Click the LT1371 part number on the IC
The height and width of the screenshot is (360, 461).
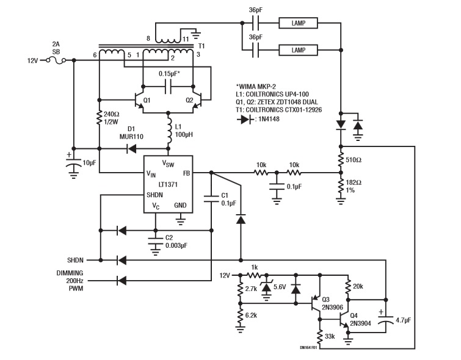[168, 184]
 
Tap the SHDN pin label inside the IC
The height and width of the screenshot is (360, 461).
[154, 195]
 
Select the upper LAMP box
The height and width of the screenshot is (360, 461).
[298, 23]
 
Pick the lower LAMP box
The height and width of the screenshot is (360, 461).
[298, 50]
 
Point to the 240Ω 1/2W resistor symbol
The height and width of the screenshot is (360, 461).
[99, 118]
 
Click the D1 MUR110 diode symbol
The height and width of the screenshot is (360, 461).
[131, 149]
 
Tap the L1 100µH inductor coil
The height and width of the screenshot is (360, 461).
[169, 130]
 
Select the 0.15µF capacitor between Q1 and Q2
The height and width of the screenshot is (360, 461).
[168, 87]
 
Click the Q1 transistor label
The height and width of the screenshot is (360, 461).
[147, 100]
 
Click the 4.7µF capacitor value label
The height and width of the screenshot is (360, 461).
[403, 320]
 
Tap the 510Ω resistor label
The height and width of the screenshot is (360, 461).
[354, 160]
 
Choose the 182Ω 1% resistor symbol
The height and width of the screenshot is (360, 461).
[341, 185]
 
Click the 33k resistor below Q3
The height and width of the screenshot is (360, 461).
[319, 336]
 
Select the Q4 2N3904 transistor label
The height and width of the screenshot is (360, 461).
[360, 320]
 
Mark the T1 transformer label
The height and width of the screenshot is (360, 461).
[201, 46]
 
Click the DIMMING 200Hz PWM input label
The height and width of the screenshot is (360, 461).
[70, 281]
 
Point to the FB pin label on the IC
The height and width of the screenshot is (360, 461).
[187, 173]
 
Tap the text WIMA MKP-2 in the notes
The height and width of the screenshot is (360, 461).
[256, 87]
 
